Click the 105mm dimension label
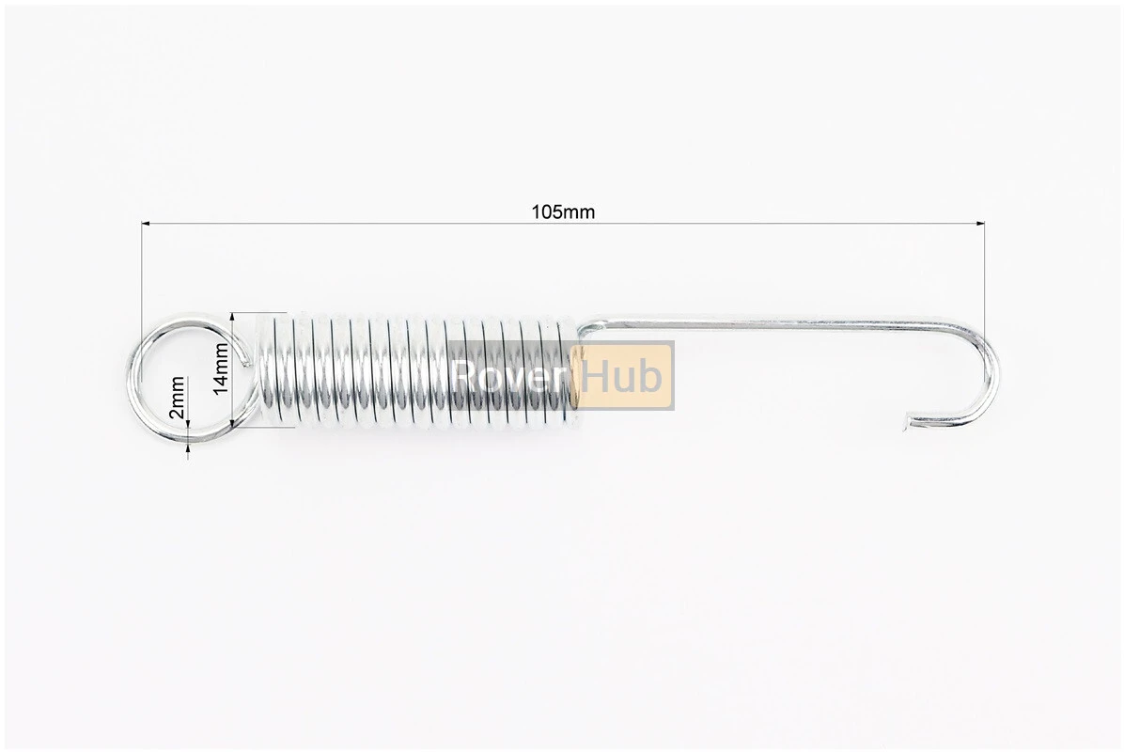[563, 212]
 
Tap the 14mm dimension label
[220, 368]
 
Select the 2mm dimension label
[176, 399]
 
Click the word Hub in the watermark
[621, 376]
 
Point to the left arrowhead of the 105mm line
[147, 225]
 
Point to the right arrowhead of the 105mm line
[980, 225]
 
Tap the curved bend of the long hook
[987, 373]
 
